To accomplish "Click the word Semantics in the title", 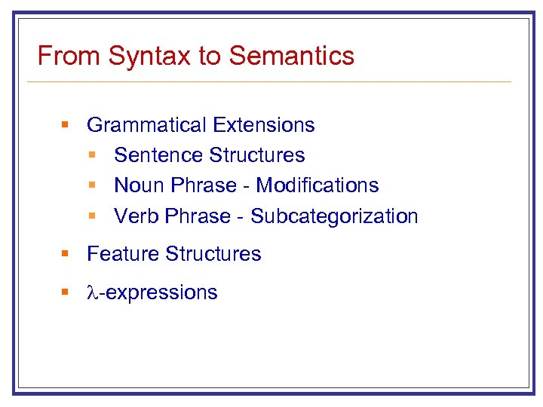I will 292,56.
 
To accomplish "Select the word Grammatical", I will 147,125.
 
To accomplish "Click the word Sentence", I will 158,155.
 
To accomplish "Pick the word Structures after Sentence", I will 256,155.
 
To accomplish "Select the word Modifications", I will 318,185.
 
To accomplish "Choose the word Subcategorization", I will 334,216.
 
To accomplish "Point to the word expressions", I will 161,293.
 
